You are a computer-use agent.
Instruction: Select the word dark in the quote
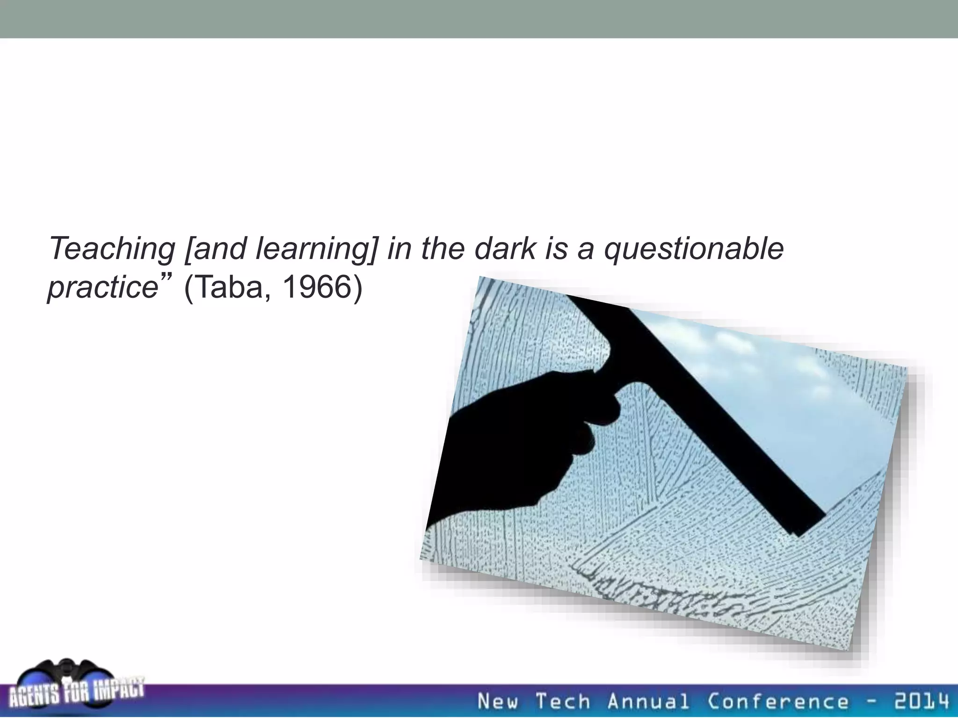click(x=504, y=249)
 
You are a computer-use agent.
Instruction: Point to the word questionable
click(x=694, y=249)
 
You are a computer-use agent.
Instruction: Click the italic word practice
click(x=102, y=287)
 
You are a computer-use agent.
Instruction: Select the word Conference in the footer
click(x=777, y=702)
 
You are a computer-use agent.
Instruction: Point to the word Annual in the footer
click(x=648, y=702)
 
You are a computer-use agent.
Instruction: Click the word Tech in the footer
click(x=562, y=702)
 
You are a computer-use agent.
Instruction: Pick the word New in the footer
click(x=498, y=702)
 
